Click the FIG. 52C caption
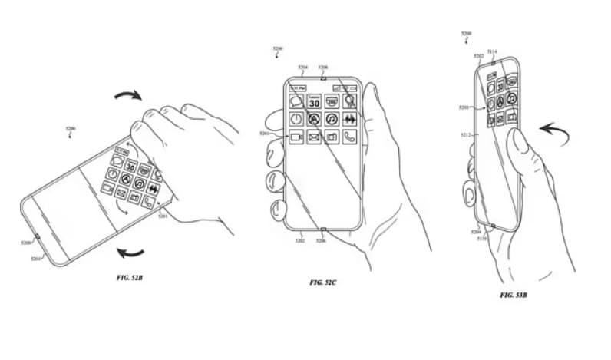pos(324,282)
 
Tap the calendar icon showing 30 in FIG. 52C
pos(314,101)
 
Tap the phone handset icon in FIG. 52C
pos(350,138)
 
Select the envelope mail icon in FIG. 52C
pos(314,138)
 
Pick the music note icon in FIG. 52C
pos(332,120)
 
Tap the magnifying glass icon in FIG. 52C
pos(350,101)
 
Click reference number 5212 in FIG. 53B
pos(465,135)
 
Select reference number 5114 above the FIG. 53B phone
pos(491,52)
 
